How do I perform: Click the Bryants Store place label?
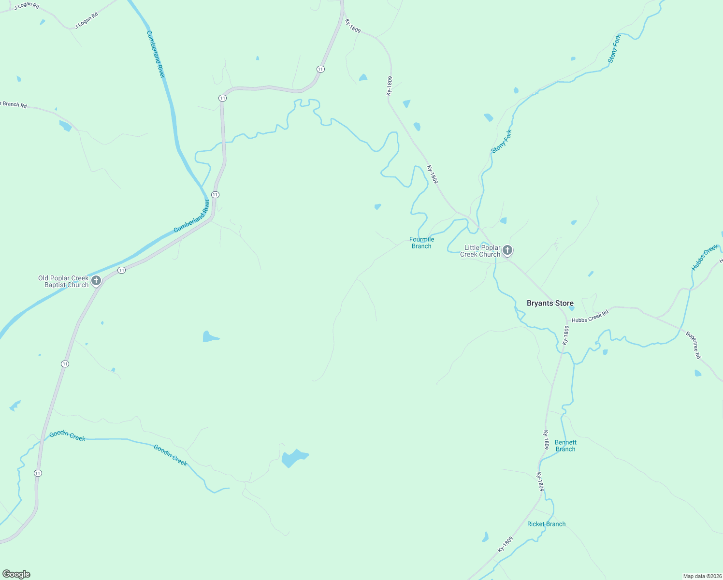coord(550,304)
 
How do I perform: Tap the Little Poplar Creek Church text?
coord(481,251)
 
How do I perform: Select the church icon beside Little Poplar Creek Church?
coord(507,250)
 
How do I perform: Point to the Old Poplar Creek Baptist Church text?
coord(63,281)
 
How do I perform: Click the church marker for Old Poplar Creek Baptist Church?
coord(96,280)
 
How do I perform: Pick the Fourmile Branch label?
coord(421,243)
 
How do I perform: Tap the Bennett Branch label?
coord(565,446)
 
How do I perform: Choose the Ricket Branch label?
coord(546,524)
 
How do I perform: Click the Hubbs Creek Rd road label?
coord(590,317)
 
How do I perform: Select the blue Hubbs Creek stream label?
coord(705,258)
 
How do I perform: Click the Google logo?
coord(16,574)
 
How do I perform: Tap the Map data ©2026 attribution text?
coord(702,576)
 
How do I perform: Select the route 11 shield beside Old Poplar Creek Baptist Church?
coord(122,270)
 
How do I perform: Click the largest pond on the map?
coord(293,458)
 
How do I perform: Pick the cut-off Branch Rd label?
coord(14,104)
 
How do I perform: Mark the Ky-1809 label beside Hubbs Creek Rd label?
coord(566,335)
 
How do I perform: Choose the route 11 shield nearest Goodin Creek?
coord(38,473)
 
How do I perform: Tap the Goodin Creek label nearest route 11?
coord(67,436)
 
